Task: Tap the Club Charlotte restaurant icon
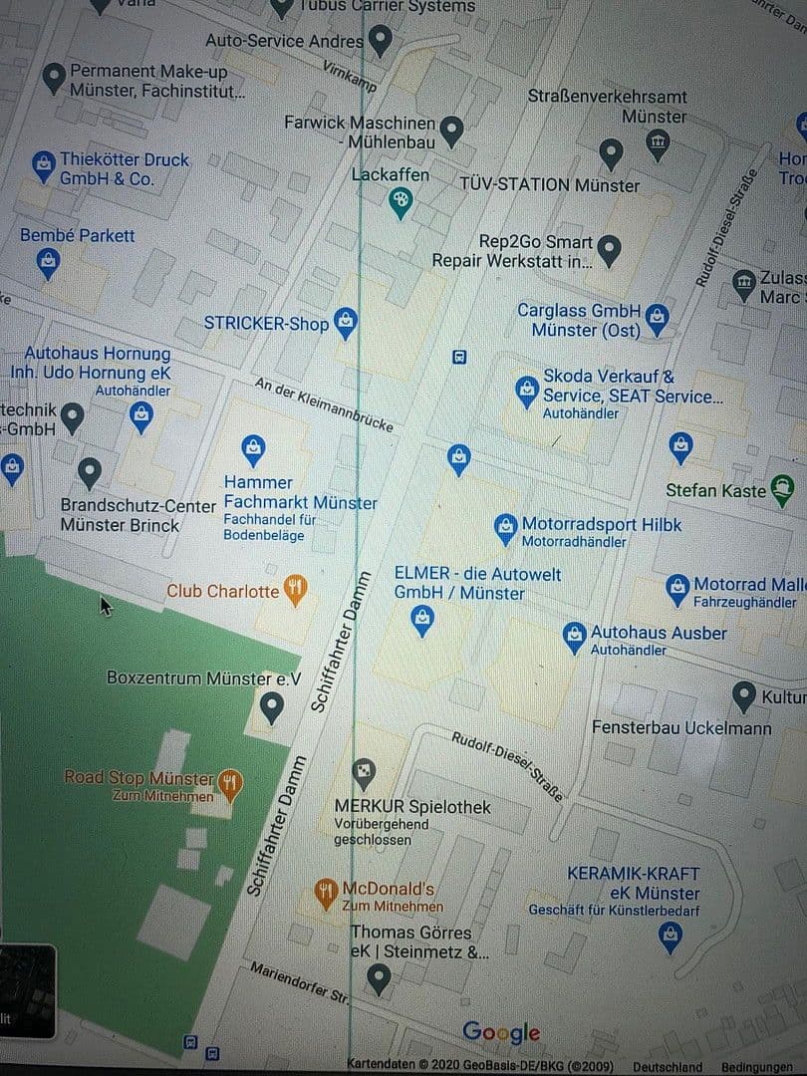(x=296, y=590)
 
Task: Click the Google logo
(x=501, y=1033)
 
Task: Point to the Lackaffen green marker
(x=401, y=204)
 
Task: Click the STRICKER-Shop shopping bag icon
(x=345, y=322)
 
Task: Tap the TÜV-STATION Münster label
(x=549, y=185)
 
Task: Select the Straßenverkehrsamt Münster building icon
(x=658, y=145)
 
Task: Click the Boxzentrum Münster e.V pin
(x=271, y=708)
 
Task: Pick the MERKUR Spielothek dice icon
(x=365, y=771)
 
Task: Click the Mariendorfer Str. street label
(x=300, y=982)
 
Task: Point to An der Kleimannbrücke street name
(x=324, y=403)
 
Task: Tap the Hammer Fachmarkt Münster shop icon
(x=254, y=449)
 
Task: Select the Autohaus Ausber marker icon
(x=574, y=636)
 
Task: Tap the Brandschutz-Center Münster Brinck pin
(x=90, y=471)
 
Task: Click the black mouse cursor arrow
(x=106, y=606)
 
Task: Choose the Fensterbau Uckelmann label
(x=681, y=728)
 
